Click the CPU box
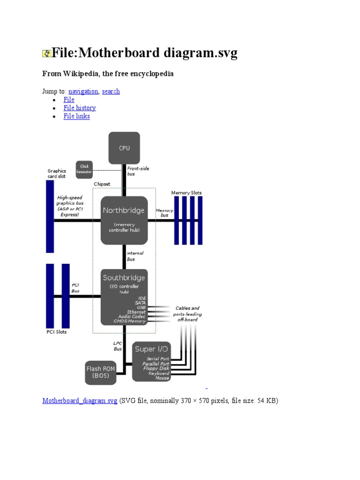click(124, 148)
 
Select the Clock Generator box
click(84, 169)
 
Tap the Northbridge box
click(124, 220)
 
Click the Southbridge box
click(124, 296)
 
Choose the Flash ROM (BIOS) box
click(100, 372)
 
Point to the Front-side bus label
click(138, 171)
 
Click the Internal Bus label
click(135, 256)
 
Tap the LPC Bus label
click(118, 346)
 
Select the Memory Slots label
click(187, 193)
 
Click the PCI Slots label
click(56, 332)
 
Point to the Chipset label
click(102, 184)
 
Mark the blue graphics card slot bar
click(50, 217)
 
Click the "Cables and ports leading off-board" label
click(187, 314)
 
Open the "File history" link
click(80, 108)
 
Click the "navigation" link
click(83, 91)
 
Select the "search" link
click(111, 91)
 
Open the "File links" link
click(76, 116)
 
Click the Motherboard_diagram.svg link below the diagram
click(80, 401)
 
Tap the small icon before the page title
click(46, 54)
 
